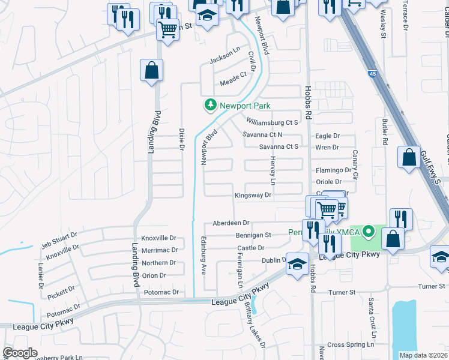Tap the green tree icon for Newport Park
[210, 105]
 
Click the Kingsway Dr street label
[253, 195]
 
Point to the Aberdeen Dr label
[231, 223]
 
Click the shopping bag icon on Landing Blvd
[151, 70]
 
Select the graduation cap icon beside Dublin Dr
[297, 264]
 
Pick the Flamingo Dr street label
[333, 170]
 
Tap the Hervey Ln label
[273, 174]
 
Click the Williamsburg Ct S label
[272, 122]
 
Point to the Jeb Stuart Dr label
[59, 239]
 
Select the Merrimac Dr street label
[159, 250]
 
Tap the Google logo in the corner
[20, 352]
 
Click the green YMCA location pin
[368, 231]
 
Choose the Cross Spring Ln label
[351, 344]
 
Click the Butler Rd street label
[385, 132]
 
